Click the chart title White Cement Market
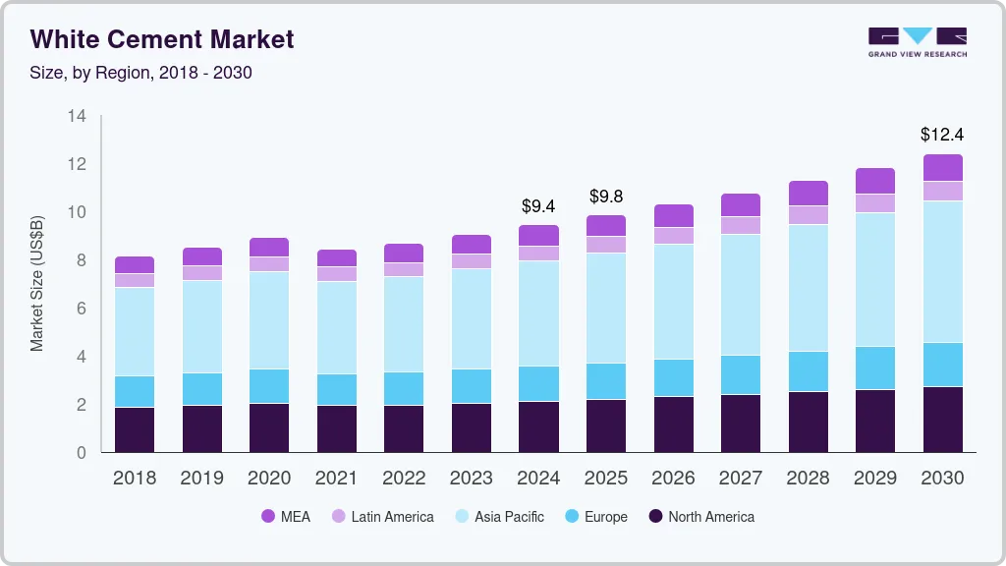162,39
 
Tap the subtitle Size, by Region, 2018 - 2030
141,73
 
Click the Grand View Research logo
917,41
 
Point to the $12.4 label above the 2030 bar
942,134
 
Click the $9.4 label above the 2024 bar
538,205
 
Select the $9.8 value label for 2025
606,197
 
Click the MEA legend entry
285,516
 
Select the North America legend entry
700,516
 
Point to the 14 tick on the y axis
77,116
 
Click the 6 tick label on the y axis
82,309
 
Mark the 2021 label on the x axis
336,479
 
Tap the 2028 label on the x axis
808,479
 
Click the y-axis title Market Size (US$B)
37,283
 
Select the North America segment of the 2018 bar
135,429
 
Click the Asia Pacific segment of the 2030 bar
942,271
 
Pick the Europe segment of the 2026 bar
673,377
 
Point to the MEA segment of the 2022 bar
404,253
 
